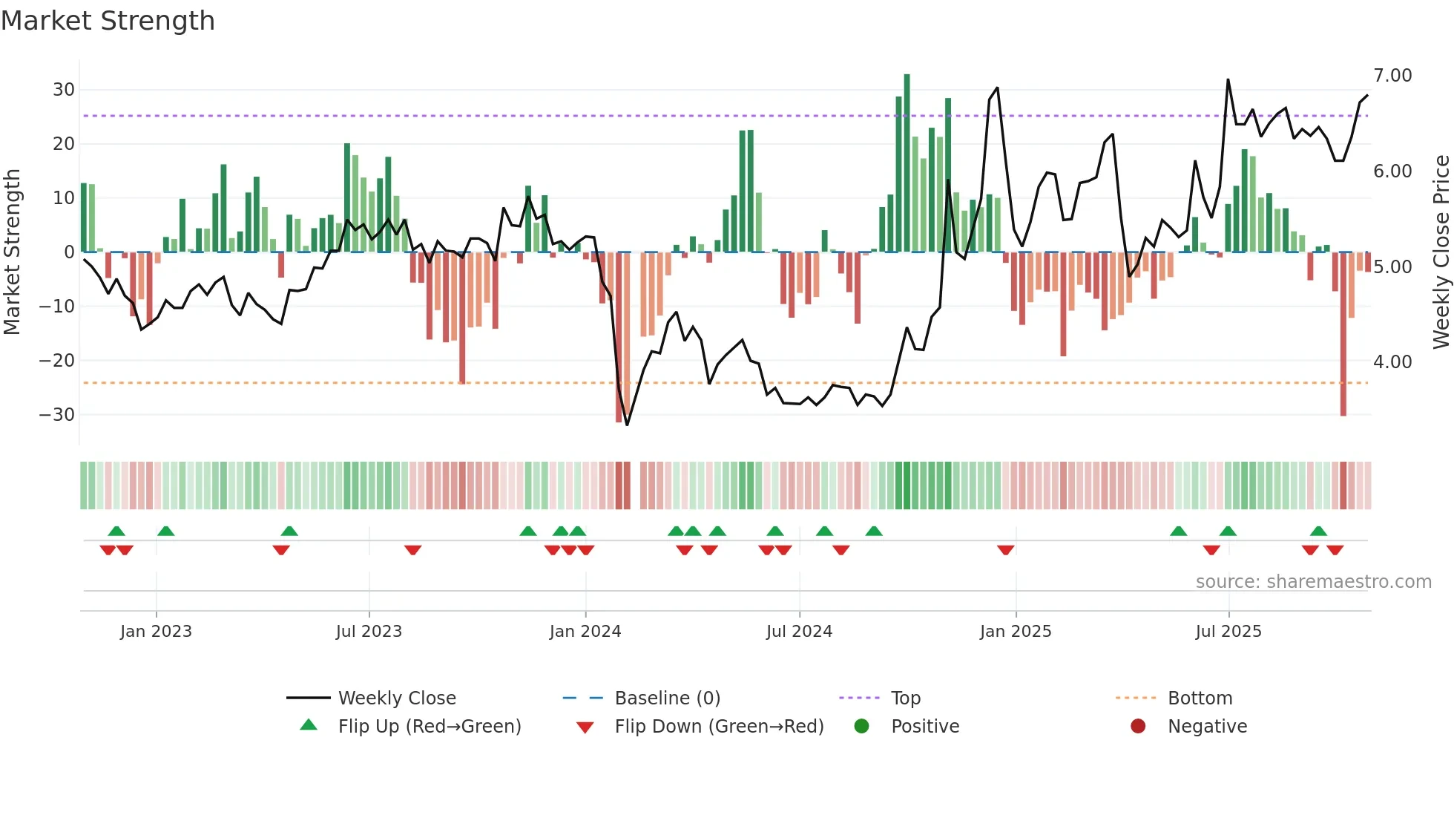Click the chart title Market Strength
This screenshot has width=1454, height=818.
[x=108, y=21]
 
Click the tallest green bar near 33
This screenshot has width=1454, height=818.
[x=907, y=163]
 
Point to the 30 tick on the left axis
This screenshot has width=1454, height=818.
[x=64, y=90]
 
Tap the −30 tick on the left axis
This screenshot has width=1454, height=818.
[x=58, y=414]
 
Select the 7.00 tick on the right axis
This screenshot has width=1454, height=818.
[x=1392, y=76]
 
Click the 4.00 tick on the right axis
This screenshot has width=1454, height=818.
[x=1392, y=362]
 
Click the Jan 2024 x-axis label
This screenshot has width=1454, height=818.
[x=585, y=632]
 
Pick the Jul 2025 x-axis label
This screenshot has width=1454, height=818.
[x=1228, y=632]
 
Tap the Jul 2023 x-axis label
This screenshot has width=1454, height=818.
[x=369, y=632]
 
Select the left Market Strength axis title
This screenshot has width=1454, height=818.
[x=12, y=252]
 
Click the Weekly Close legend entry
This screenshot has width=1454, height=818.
[x=397, y=698]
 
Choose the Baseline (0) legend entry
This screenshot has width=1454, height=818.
[x=667, y=698]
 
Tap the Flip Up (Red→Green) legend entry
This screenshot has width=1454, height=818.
[x=429, y=727]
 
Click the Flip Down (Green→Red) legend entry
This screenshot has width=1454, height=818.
[x=718, y=727]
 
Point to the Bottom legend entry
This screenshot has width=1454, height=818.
[x=1200, y=698]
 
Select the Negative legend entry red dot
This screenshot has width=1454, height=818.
[x=1138, y=726]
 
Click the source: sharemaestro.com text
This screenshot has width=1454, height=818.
[x=1313, y=582]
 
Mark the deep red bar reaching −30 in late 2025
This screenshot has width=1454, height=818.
[x=1343, y=334]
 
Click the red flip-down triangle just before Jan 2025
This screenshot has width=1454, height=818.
[x=1005, y=550]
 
